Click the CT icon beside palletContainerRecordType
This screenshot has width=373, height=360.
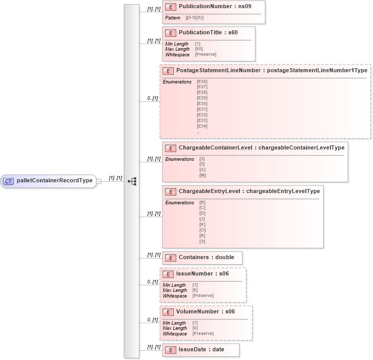pyautogui.click(x=9, y=181)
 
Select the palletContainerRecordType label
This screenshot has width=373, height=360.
pyautogui.click(x=54, y=181)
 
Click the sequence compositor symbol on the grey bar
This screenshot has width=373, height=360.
pyautogui.click(x=132, y=181)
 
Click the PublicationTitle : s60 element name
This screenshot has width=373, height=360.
pyautogui.click(x=208, y=33)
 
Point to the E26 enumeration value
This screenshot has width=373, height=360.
pyautogui.click(x=202, y=81)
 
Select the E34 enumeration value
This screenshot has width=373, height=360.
pyautogui.click(x=202, y=126)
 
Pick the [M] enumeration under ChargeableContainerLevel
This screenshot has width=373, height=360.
pyautogui.click(x=202, y=176)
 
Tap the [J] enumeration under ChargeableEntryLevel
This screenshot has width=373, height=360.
pyautogui.click(x=202, y=219)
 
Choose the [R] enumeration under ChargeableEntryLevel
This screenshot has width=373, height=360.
pyautogui.click(x=202, y=236)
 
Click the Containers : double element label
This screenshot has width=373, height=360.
pyautogui.click(x=206, y=257)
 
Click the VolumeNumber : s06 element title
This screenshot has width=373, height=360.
pyautogui.click(x=205, y=311)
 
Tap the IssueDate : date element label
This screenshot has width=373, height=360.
pyautogui.click(x=201, y=349)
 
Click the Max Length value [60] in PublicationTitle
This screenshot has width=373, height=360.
pyautogui.click(x=199, y=49)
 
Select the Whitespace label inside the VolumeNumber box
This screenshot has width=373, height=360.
pyautogui.click(x=175, y=334)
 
